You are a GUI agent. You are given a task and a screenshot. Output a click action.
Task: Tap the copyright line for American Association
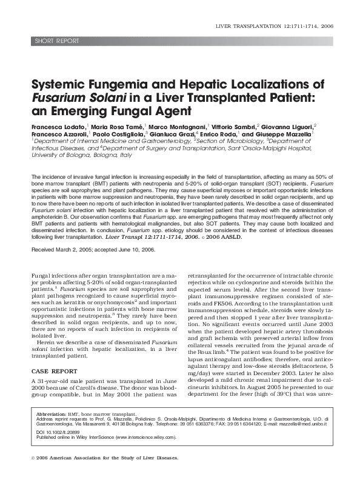pyautogui.click(x=104, y=458)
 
